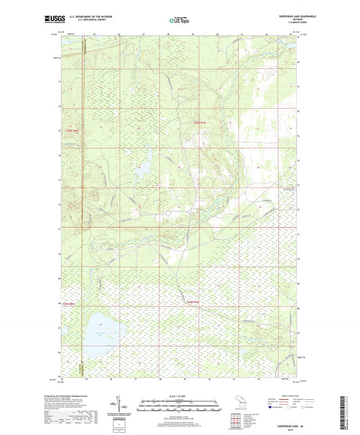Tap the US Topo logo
tap(178, 21)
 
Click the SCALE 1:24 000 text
tap(179, 395)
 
